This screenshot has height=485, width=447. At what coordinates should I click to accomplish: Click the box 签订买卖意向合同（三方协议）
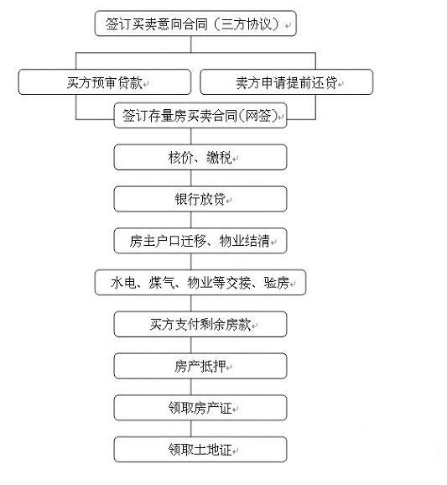click(195, 23)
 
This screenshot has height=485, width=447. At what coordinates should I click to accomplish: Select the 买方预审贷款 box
click(105, 82)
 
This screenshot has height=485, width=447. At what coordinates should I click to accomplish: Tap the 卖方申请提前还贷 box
click(287, 82)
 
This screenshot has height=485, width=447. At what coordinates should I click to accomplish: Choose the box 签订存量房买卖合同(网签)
click(200, 115)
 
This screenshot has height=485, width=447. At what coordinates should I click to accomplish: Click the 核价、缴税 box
click(200, 157)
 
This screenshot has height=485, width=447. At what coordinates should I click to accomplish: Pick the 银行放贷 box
click(200, 199)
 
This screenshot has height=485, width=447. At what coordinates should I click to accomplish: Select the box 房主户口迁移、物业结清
click(200, 241)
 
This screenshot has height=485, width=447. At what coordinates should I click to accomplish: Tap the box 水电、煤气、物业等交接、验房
click(200, 283)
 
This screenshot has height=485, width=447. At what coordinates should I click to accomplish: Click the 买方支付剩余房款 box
click(200, 324)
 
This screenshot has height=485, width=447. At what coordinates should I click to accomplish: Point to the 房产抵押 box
click(200, 366)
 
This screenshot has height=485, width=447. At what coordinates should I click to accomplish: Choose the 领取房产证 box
click(200, 408)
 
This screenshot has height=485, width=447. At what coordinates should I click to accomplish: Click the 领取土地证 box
click(200, 450)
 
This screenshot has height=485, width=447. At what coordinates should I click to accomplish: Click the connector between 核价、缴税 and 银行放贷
click(190, 178)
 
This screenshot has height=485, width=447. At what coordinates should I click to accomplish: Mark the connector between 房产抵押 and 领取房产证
click(190, 387)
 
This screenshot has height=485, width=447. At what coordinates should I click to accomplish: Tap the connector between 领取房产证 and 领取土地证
click(190, 429)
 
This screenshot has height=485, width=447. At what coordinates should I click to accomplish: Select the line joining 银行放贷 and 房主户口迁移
click(190, 220)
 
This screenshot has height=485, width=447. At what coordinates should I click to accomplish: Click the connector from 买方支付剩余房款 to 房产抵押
click(190, 345)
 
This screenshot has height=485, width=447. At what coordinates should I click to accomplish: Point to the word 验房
click(277, 283)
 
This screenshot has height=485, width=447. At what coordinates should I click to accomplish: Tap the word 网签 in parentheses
click(258, 116)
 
